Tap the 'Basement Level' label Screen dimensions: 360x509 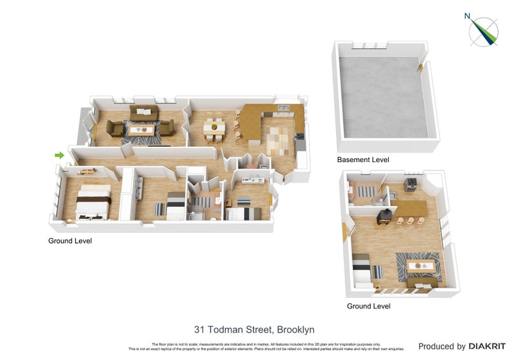point(363,160)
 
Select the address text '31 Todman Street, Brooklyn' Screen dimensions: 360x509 point(254,329)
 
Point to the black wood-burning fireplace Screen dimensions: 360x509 point(384,217)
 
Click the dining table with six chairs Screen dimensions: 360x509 point(214,129)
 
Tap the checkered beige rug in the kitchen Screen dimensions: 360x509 point(277,139)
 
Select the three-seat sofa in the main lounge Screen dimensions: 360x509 point(145,113)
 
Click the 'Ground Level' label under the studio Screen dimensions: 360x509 point(368,306)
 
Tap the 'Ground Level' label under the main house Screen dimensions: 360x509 point(70,241)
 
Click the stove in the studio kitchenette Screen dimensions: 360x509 point(411,184)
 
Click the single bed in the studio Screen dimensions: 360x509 point(365,270)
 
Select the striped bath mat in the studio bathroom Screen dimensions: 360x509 point(365,191)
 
